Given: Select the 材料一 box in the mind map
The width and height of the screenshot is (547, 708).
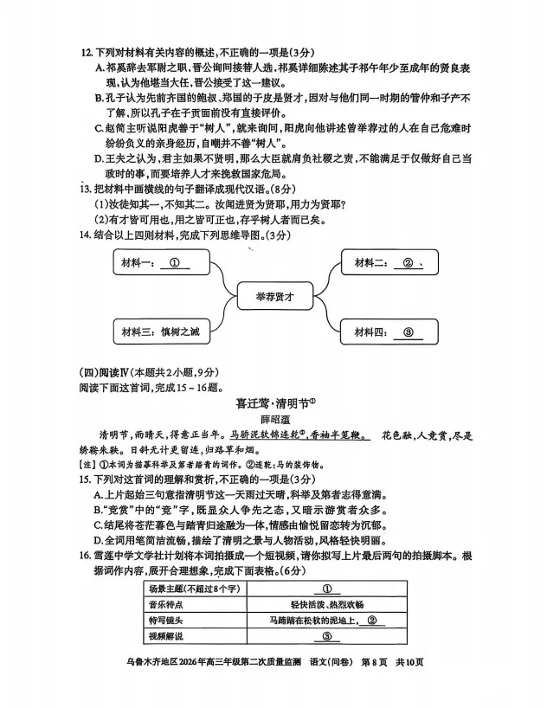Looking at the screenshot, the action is click(163, 264).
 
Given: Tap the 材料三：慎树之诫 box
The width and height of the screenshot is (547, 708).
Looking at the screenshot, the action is click(163, 331).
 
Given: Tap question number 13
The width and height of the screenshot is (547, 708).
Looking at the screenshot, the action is click(85, 189).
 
